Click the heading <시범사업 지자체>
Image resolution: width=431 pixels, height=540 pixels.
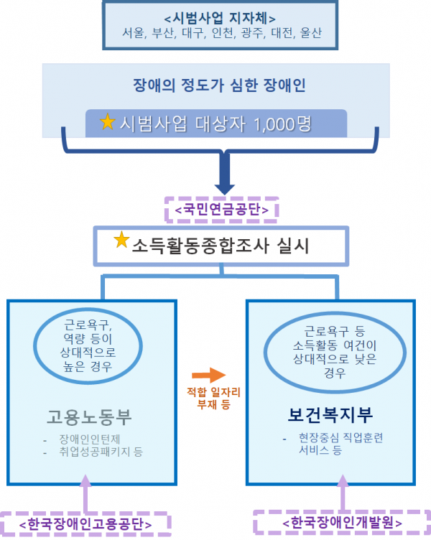pyautogui.click(x=220, y=18)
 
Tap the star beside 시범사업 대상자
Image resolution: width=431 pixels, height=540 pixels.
pyautogui.click(x=108, y=122)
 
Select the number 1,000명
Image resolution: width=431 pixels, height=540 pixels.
pyautogui.click(x=282, y=124)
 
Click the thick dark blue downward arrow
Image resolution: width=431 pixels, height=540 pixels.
pyautogui.click(x=225, y=176)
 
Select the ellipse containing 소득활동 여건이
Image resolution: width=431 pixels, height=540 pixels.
pyautogui.click(x=330, y=353)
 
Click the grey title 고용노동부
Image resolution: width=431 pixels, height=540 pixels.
pyautogui.click(x=89, y=416)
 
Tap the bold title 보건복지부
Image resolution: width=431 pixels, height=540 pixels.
pyautogui.click(x=330, y=416)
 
